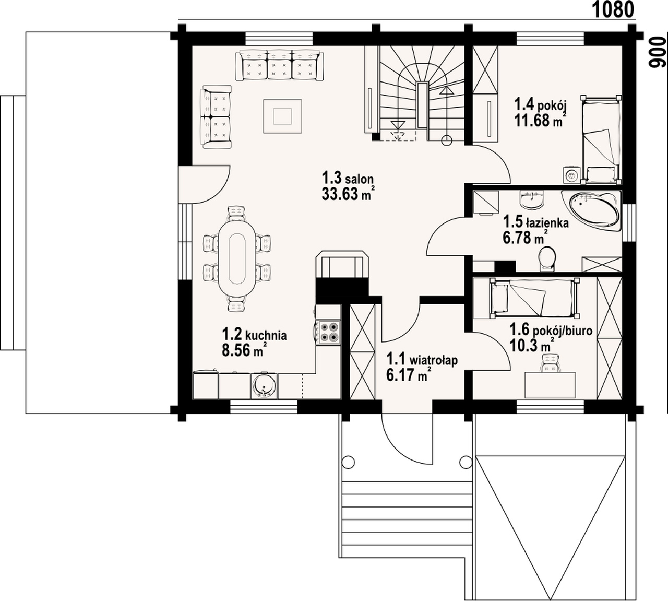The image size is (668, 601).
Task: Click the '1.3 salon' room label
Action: (348, 179)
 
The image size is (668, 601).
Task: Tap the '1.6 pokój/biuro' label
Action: (551, 331)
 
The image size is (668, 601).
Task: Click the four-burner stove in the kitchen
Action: (330, 332)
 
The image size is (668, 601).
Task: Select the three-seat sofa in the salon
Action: (279, 66)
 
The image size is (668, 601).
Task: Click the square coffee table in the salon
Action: (282, 116)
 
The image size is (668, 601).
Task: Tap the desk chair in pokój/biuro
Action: (551, 363)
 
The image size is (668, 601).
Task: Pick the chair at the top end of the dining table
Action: (236, 214)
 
